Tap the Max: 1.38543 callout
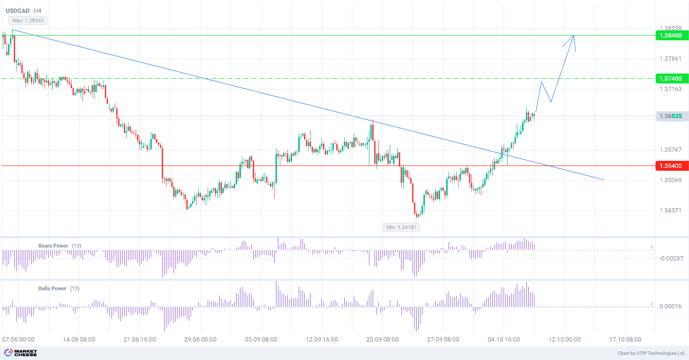point(28,20)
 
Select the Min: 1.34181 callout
point(402,227)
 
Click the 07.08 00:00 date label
point(18,340)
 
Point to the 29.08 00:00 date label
point(200,340)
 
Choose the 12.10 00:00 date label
point(564,340)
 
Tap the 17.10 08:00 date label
point(625,340)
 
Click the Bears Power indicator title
point(53,246)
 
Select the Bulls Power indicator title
point(52,288)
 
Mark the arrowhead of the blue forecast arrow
point(574,36)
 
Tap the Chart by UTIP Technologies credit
point(651,353)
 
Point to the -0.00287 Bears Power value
point(671,258)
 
